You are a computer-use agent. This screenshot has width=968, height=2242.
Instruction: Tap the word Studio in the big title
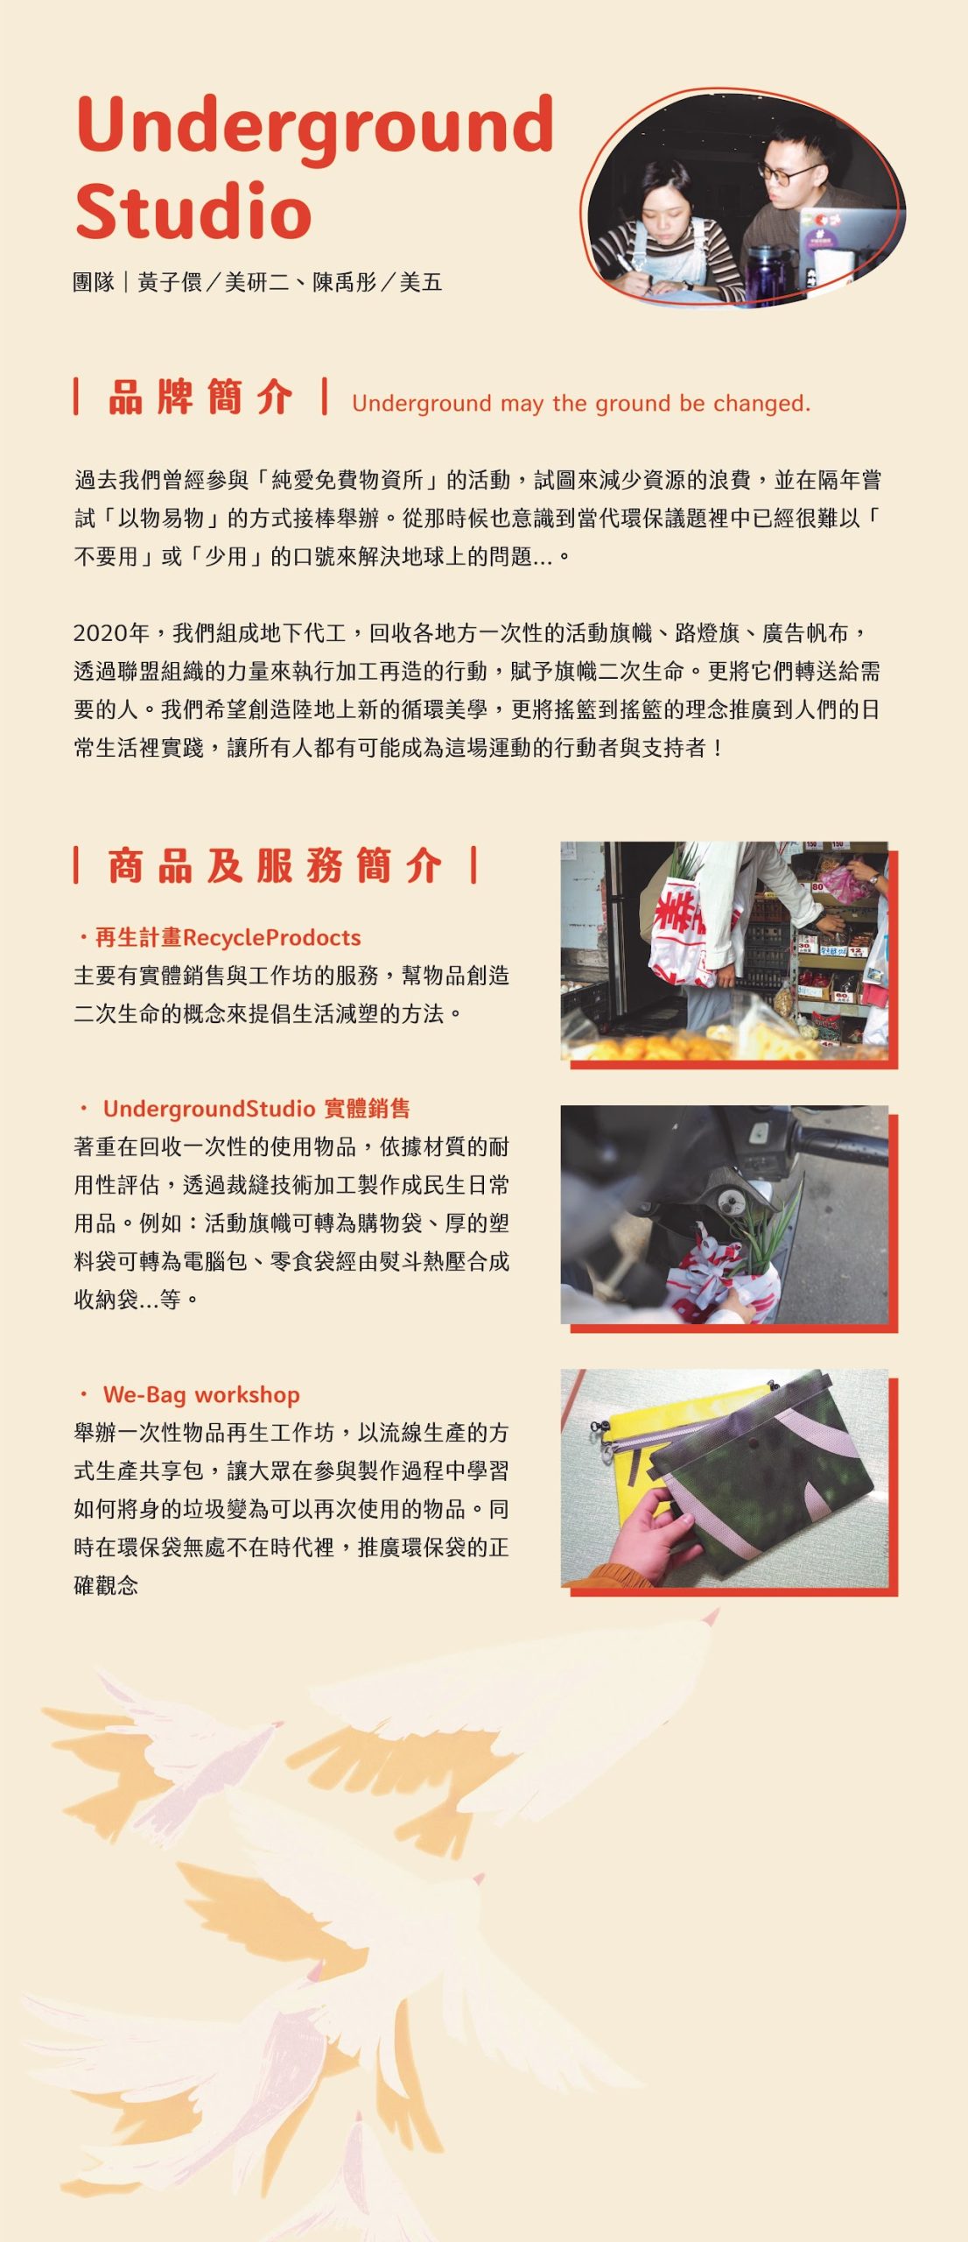(193, 211)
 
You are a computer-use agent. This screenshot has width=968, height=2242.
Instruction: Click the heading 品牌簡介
(200, 397)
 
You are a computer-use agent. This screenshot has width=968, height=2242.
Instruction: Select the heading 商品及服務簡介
(275, 865)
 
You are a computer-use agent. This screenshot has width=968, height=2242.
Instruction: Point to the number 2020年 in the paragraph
(111, 633)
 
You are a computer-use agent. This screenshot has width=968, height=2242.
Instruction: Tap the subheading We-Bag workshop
(201, 1395)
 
